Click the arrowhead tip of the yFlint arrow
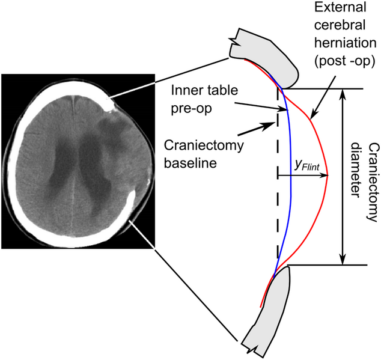328,175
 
